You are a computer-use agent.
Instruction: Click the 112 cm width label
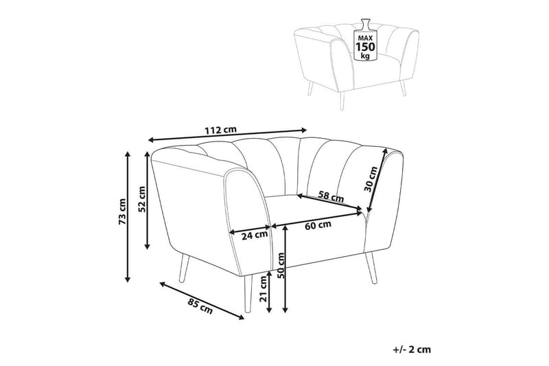coord(220,130)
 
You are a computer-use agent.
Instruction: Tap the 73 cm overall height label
coord(122,211)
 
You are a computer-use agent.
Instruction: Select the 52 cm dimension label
coord(142,199)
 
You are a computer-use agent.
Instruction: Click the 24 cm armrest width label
coord(255,236)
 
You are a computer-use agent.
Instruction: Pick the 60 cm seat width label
coord(318,225)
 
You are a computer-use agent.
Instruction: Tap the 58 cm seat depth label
coord(331,196)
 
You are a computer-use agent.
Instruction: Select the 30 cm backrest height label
coord(371,179)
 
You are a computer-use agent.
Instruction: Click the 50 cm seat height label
coord(281,265)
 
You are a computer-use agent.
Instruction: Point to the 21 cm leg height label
coord(264,288)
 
